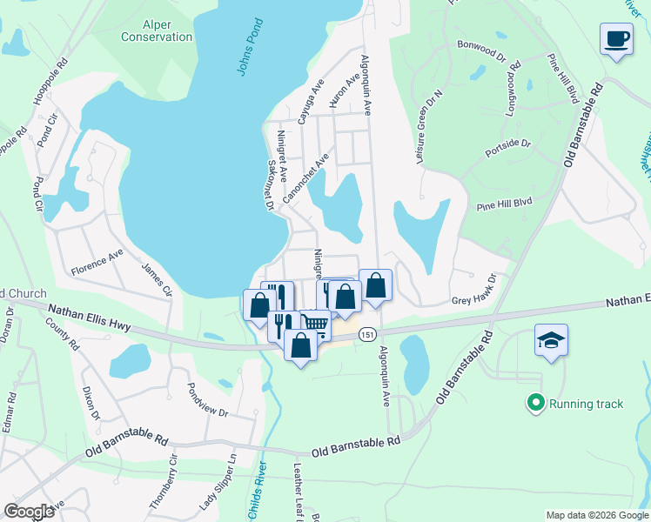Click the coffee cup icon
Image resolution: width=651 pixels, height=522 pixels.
(x=616, y=39)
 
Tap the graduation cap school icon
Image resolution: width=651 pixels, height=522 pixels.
(x=551, y=338)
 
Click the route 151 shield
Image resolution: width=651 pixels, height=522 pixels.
(x=368, y=334)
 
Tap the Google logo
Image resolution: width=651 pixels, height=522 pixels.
(x=29, y=512)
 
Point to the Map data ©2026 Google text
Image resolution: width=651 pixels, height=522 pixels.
(x=596, y=515)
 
